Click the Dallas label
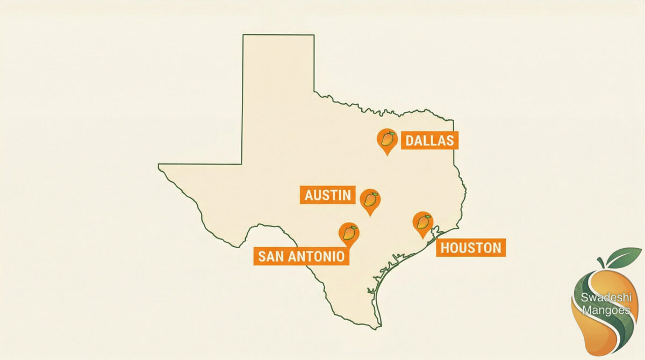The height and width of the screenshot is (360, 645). (x=429, y=141)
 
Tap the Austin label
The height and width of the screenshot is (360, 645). (x=327, y=195)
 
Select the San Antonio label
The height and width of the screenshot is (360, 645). (x=301, y=256)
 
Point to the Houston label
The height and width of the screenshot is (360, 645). (x=471, y=248)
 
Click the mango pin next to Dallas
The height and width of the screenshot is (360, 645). (x=386, y=140)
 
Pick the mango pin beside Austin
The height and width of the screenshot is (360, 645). (x=370, y=200)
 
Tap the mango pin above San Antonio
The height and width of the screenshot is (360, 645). (x=349, y=233)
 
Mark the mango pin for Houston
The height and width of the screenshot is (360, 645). (x=423, y=222)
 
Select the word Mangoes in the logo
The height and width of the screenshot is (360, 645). (x=605, y=310)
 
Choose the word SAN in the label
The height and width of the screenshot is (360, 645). (x=269, y=256)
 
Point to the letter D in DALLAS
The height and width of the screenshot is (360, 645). (x=410, y=141)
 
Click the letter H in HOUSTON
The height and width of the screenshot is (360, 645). (x=446, y=248)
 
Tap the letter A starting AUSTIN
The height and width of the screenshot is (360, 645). (x=309, y=195)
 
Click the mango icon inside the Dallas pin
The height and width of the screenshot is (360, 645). (x=386, y=139)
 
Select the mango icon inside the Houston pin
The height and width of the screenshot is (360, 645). (x=423, y=221)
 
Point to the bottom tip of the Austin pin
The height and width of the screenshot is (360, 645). (x=370, y=215)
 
